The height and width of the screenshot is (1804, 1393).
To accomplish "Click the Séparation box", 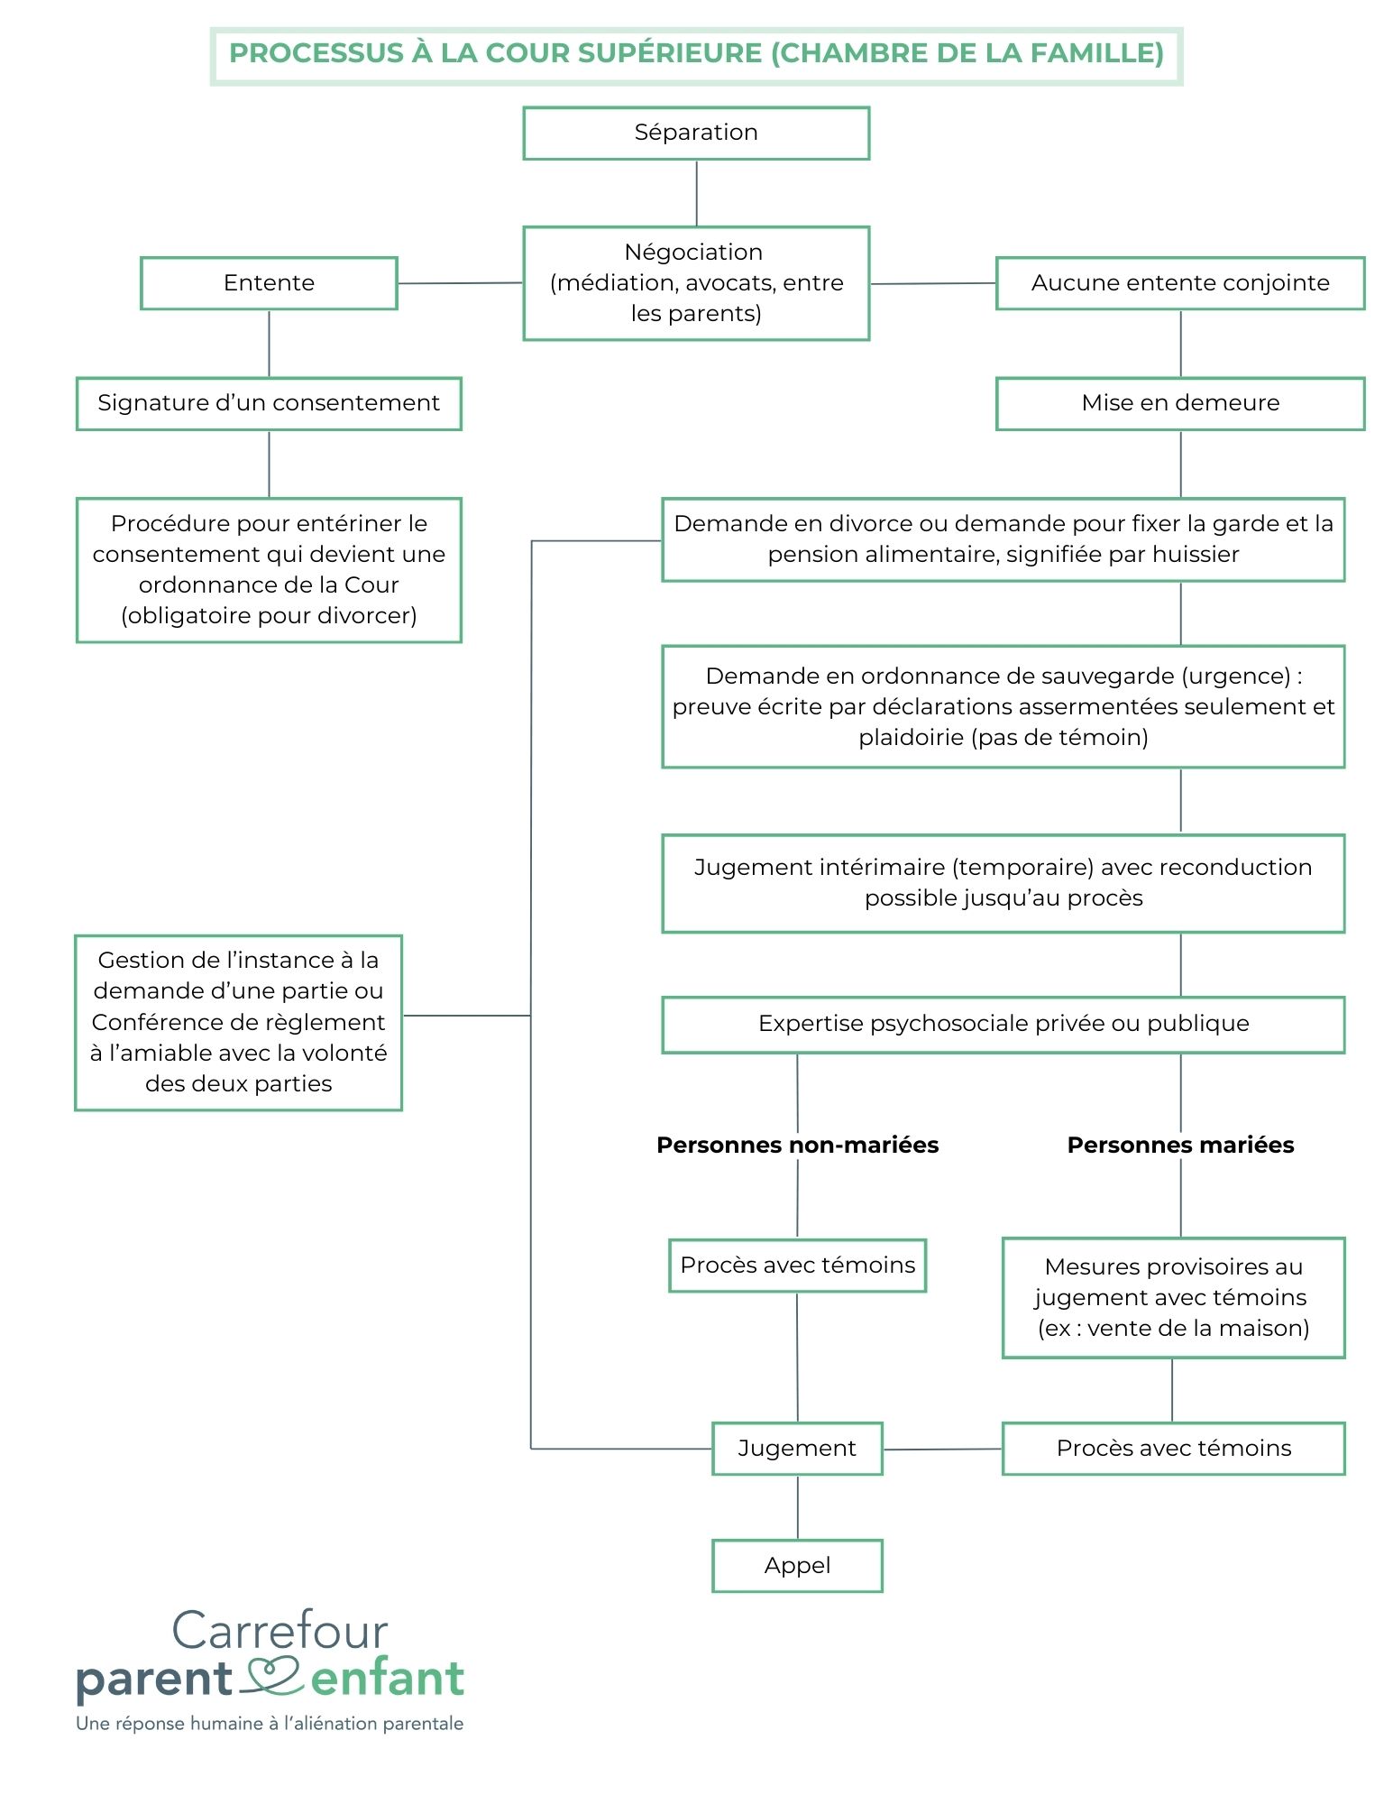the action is point(696,133).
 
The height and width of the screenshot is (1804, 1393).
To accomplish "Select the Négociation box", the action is point(696,283).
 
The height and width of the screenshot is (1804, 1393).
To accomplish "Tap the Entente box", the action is point(269,283).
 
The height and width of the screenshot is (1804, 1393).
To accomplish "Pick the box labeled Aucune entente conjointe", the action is point(1180,283).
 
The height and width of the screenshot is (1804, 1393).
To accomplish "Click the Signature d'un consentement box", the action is point(269,403).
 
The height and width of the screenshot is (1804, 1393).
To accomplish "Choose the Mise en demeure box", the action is point(1180,403).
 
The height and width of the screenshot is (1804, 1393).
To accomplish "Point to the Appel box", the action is point(797,1566).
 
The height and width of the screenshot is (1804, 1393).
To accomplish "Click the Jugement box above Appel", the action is point(797,1449).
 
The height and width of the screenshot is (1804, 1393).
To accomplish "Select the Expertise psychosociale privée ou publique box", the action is point(1004,1025).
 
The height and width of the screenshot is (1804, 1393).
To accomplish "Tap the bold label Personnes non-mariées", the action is point(798,1145).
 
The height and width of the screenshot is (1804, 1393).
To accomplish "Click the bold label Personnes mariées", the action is point(1180,1145).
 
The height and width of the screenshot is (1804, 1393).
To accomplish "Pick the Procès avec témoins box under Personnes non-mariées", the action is point(797,1266).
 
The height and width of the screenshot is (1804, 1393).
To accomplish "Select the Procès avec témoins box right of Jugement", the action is point(1173,1449).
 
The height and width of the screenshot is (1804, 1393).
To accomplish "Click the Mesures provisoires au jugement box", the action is point(1173,1298).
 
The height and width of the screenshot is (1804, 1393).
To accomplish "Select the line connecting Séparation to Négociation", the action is point(696,194).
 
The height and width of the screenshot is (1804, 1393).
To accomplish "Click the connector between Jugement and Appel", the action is point(797,1508).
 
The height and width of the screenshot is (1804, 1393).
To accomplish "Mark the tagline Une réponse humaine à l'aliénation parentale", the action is point(270,1724).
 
